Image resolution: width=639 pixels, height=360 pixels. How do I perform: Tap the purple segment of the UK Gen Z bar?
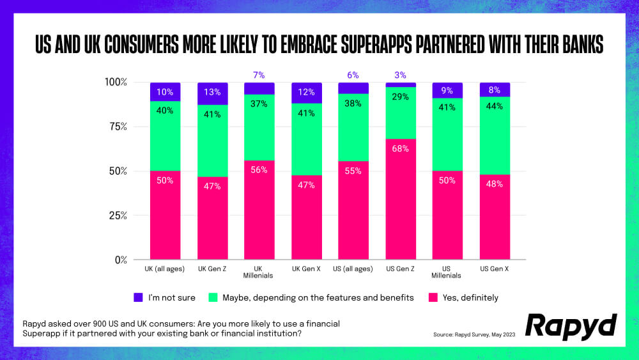[212, 93]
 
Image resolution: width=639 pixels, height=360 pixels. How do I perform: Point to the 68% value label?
[401, 148]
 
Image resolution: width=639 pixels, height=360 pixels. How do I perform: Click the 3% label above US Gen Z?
[401, 75]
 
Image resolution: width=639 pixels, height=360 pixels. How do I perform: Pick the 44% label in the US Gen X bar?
[495, 107]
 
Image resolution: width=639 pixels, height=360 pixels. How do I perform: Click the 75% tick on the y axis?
[118, 127]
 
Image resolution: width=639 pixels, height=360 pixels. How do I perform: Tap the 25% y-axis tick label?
[118, 215]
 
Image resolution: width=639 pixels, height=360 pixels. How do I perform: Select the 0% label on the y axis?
[121, 260]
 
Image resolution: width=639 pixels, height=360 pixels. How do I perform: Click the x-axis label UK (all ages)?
[165, 269]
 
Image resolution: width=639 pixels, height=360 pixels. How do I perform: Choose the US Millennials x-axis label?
[448, 272]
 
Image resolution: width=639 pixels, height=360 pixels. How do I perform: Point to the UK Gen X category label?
[306, 269]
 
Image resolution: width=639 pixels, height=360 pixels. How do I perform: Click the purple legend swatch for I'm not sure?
[139, 297]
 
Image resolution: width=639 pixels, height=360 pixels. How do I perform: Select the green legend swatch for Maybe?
[213, 297]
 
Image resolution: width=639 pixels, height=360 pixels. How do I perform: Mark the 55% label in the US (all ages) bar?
[353, 171]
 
